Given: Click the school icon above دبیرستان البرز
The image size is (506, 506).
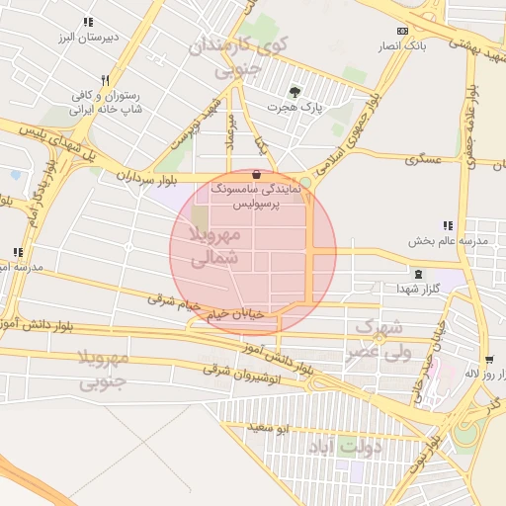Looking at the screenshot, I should coord(87,22).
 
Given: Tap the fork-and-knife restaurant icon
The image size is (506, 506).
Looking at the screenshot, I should coord(104,80).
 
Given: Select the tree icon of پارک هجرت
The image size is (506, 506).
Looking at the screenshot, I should coord(295,91).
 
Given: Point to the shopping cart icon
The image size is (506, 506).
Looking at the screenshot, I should coord(489,360).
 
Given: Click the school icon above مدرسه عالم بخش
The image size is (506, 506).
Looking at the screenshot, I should coord(448,225).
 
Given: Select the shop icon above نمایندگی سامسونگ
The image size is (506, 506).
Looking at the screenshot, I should coord(257,174).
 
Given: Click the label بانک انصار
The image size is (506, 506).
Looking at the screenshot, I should coord(400,45).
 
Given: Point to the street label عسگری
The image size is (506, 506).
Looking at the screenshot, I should coord(421,158).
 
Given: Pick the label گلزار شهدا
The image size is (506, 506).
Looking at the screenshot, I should coord(410,288).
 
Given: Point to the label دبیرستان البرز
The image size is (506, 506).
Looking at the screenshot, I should coord(84,37).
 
